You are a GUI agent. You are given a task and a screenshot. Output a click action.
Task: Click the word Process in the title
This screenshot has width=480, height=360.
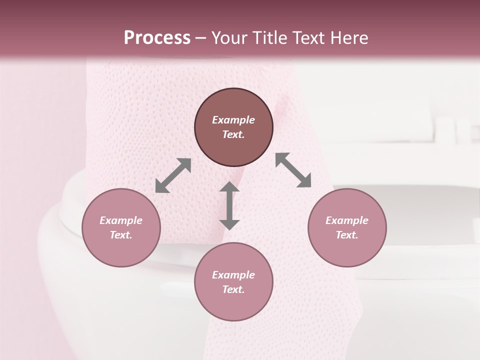(x=157, y=38)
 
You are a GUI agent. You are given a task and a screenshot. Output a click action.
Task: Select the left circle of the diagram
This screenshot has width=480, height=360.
(x=121, y=227)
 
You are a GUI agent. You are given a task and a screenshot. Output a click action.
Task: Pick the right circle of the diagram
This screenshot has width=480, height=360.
(x=347, y=227)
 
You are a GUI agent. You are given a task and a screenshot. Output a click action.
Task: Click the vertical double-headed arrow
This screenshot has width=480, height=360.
(x=229, y=205)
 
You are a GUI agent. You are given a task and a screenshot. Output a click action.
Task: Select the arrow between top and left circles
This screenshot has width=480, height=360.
(x=173, y=175)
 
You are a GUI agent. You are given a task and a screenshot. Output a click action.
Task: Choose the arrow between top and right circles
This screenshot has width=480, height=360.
(x=293, y=170)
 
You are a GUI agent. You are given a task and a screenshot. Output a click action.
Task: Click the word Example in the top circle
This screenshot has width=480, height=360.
(x=233, y=120)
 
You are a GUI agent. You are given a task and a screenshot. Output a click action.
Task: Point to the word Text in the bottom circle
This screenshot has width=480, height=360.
(x=233, y=289)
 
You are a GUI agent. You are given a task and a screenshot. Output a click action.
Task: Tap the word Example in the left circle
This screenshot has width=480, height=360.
(x=121, y=220)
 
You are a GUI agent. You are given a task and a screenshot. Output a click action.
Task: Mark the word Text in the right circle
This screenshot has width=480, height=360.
(x=347, y=235)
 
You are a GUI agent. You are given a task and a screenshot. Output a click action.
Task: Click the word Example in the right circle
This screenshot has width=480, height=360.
(x=347, y=220)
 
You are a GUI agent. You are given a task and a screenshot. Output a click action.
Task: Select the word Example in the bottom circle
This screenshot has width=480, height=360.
(x=233, y=275)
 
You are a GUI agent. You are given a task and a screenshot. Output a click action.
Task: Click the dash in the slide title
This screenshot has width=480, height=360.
(x=201, y=38)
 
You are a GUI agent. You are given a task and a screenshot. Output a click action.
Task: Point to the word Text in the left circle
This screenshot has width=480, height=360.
(x=121, y=235)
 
